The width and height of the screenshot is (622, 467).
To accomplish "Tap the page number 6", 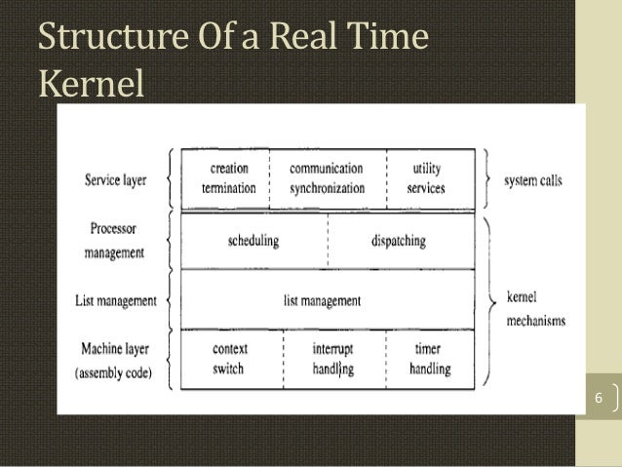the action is click(x=599, y=399).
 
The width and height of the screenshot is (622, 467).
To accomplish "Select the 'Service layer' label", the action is click(x=116, y=181).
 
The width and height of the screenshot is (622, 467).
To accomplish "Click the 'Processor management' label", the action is click(x=115, y=240).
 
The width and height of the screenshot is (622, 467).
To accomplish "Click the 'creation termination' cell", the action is click(x=228, y=178).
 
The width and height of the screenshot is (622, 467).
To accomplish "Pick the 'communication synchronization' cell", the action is click(x=326, y=178).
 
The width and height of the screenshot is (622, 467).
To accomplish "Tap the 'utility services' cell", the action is click(x=427, y=178).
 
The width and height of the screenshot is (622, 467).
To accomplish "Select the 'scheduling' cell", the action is click(x=253, y=240).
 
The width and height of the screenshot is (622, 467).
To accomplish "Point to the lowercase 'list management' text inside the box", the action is click(x=321, y=301).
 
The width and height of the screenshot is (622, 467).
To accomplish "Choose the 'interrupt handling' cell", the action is click(x=332, y=359).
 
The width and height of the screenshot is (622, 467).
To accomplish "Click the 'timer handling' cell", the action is click(x=429, y=359).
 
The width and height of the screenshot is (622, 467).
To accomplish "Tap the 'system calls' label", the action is click(x=533, y=181).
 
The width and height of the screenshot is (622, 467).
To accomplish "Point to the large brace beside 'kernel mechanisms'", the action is click(x=490, y=302).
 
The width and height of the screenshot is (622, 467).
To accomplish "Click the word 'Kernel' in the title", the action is click(x=90, y=84).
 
